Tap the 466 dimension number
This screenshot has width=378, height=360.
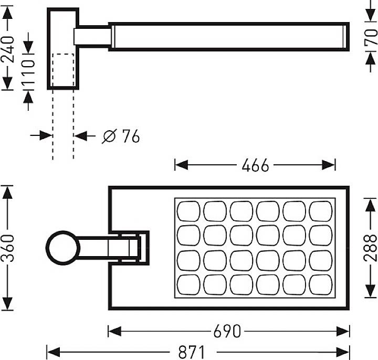pyautogui.click(x=255, y=166)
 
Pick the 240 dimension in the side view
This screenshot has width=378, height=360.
pyautogui.click(x=8, y=50)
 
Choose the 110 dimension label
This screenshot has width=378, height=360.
pyautogui.click(x=28, y=73)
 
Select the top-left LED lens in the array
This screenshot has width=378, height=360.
pyautogui.click(x=187, y=211)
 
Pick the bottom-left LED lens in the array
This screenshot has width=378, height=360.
pyautogui.click(x=187, y=284)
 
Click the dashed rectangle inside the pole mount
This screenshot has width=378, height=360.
pyautogui.click(x=62, y=70)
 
